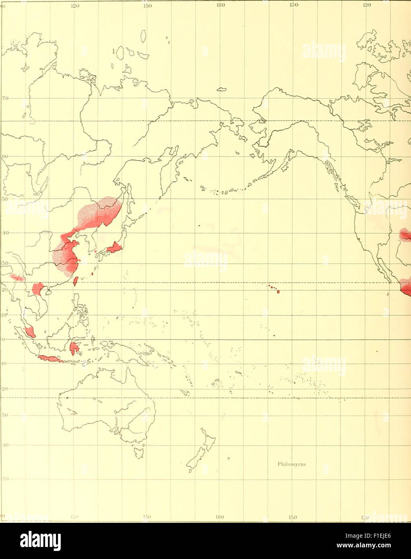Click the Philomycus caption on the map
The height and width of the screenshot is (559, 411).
[x=292, y=464]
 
